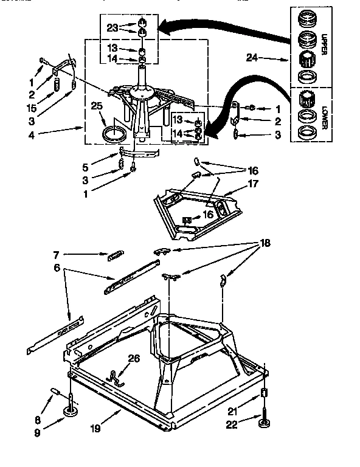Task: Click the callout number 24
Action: point(252,59)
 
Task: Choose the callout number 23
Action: point(112,27)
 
